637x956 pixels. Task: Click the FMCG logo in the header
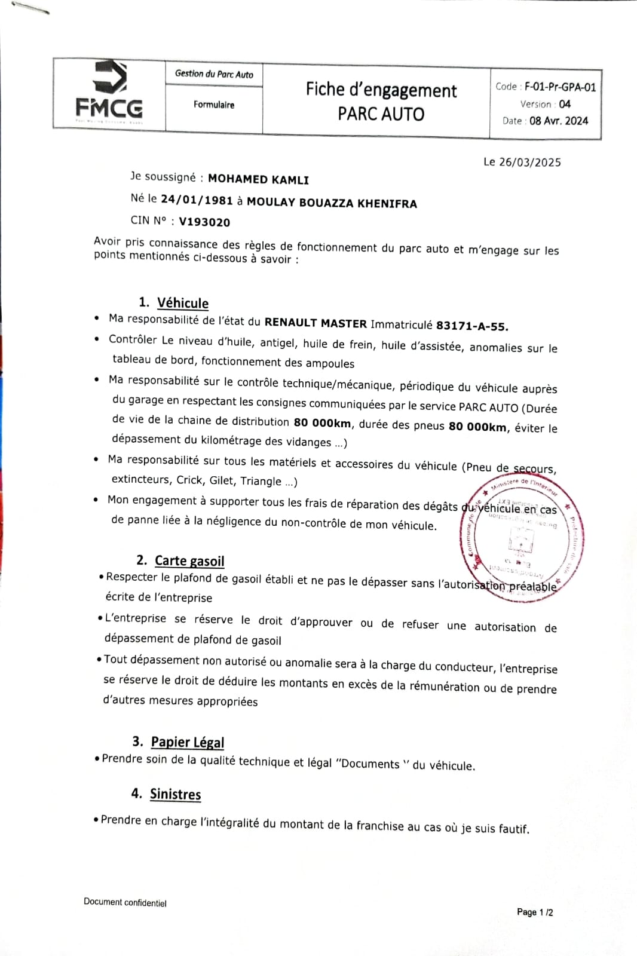pyautogui.click(x=109, y=93)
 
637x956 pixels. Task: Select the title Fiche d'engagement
pyautogui.click(x=381, y=90)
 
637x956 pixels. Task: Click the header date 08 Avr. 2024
pyautogui.click(x=558, y=121)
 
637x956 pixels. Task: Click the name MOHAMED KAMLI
pyautogui.click(x=258, y=179)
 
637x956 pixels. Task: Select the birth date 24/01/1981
pyautogui.click(x=197, y=200)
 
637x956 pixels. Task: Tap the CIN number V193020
pyautogui.click(x=204, y=222)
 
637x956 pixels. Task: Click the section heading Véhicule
pyautogui.click(x=182, y=303)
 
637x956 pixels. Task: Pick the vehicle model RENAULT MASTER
pyautogui.click(x=316, y=323)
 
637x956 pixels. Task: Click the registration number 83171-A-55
pyautogui.click(x=471, y=326)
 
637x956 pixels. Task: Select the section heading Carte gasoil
pyautogui.click(x=189, y=560)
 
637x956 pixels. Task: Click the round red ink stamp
pyautogui.click(x=521, y=540)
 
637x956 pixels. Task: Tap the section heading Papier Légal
pyautogui.click(x=187, y=742)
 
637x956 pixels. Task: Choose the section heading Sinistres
pyautogui.click(x=175, y=794)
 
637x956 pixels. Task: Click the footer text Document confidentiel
pyautogui.click(x=125, y=903)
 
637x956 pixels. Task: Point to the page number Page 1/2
pyautogui.click(x=535, y=912)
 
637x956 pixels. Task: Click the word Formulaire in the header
pyautogui.click(x=214, y=105)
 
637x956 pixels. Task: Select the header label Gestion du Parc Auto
pyautogui.click(x=214, y=74)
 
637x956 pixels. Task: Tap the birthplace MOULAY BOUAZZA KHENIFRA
pyautogui.click(x=332, y=203)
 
